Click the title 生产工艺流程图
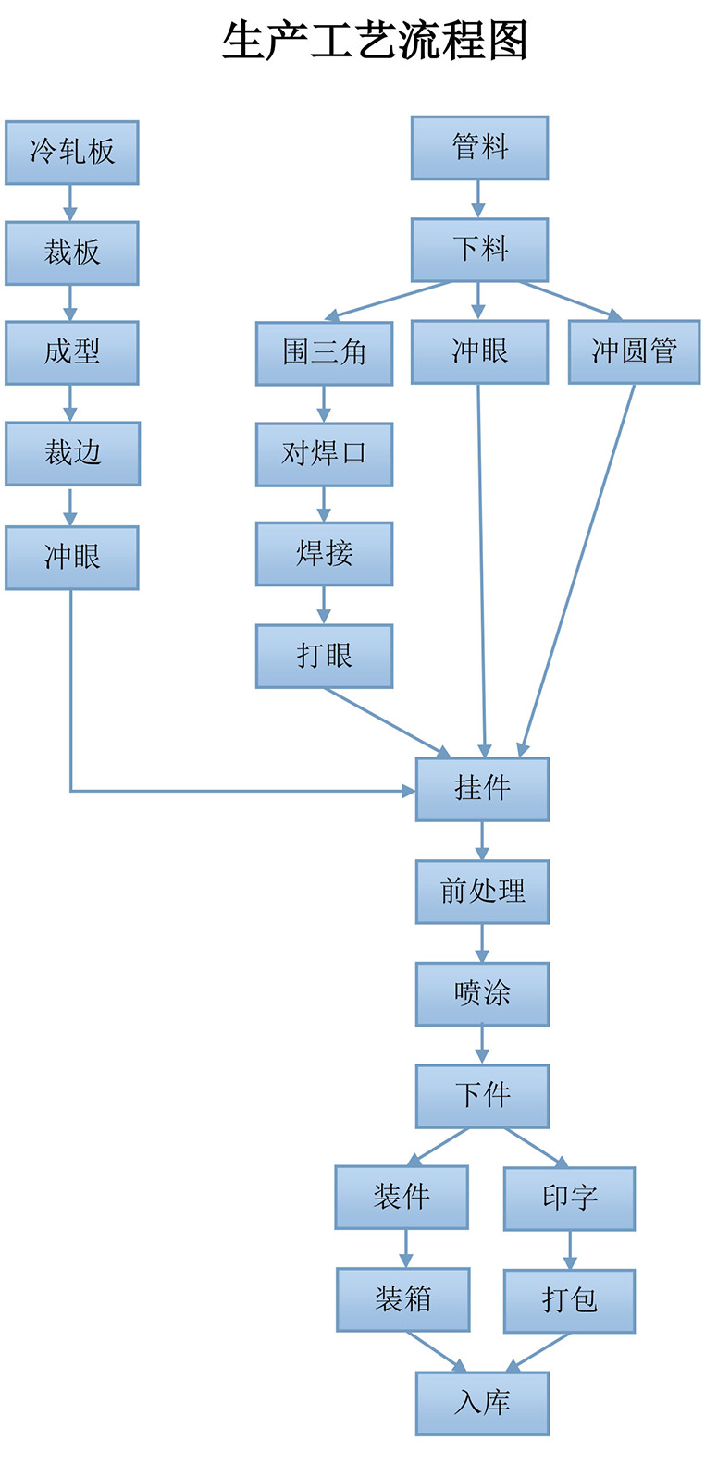coord(375,42)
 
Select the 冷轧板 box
coord(72,153)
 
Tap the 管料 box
coord(479,148)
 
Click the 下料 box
coord(479,250)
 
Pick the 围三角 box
coord(324,352)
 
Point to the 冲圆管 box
coord(634,351)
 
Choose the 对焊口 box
coord(324,454)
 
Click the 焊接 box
coord(324,554)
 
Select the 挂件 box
coord(482,789)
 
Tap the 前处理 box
coord(482,892)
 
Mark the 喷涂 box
coord(482,994)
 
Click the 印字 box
coord(569,1199)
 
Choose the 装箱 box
coord(402,1299)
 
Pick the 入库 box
coord(482,1403)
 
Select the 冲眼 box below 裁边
coord(72,558)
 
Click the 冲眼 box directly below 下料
coord(479,351)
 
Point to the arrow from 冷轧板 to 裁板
coord(70,203)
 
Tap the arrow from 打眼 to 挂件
coord(384,721)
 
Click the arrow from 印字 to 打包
coord(569,1249)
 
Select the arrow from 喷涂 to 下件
coord(482,1045)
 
